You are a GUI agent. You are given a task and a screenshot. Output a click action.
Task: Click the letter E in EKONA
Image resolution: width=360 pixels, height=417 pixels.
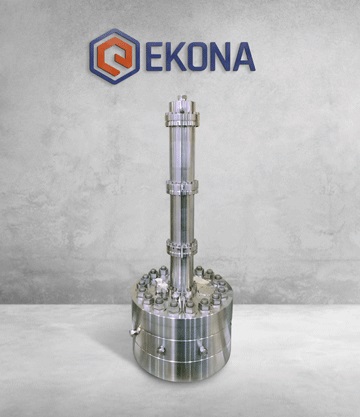pyautogui.click(x=154, y=56)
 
